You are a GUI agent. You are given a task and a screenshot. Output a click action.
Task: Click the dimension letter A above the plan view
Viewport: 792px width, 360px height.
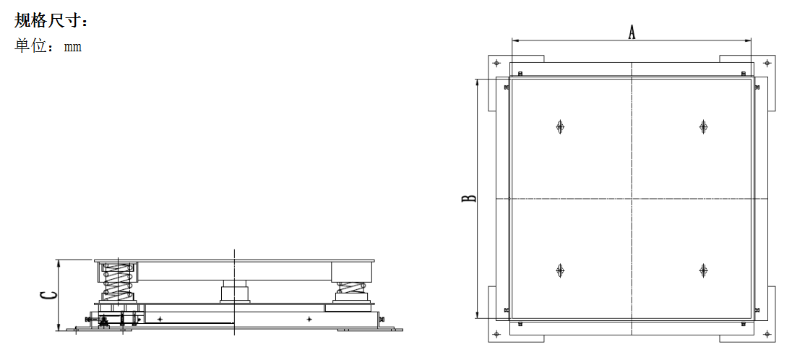pos(631,33)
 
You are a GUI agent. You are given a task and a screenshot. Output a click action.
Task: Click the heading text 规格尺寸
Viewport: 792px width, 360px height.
pos(46,21)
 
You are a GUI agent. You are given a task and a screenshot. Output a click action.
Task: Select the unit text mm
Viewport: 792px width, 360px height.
pos(73,48)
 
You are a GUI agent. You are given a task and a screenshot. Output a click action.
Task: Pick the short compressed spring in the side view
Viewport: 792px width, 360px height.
pos(350,288)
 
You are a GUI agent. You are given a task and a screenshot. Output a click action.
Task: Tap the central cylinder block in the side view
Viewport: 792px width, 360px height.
pos(234,291)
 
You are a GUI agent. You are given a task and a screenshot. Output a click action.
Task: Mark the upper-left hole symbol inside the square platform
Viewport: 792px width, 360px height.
pos(559,127)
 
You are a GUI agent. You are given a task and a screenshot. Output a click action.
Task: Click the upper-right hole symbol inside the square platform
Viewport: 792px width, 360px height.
pos(702,127)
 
